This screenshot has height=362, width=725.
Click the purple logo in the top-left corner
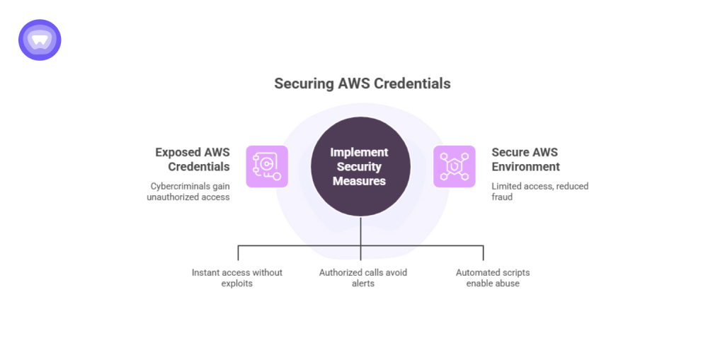pyautogui.click(x=40, y=40)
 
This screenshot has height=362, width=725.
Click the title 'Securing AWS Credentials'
pyautogui.click(x=362, y=83)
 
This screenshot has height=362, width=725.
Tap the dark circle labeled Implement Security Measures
pyautogui.click(x=360, y=167)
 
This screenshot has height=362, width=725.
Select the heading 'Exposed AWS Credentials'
pyautogui.click(x=192, y=160)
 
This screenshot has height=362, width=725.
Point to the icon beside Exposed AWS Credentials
pyautogui.click(x=267, y=167)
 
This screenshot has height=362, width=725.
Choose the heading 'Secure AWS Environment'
pyautogui.click(x=525, y=160)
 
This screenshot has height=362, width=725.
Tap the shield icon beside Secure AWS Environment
pyautogui.click(x=455, y=167)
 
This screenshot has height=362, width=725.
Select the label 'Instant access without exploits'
pyautogui.click(x=237, y=278)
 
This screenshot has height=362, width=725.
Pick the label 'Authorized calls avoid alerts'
pyautogui.click(x=362, y=278)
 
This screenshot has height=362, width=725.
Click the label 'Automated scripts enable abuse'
pyautogui.click(x=492, y=278)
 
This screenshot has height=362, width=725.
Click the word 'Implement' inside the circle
pyautogui.click(x=360, y=153)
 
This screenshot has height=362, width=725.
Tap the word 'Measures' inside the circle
pyautogui.click(x=360, y=181)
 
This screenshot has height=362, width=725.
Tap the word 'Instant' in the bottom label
pyautogui.click(x=206, y=272)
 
